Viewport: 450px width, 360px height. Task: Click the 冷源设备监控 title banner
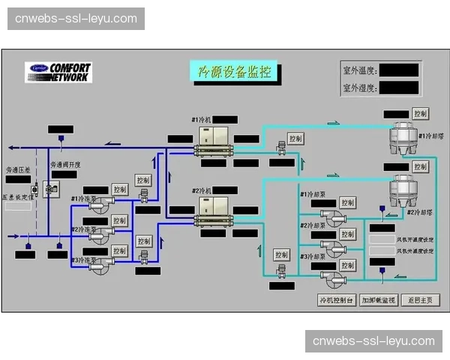233,72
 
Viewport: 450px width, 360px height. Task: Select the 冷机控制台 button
336,300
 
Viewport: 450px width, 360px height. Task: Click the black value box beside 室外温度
398,70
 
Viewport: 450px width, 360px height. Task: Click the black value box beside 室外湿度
398,88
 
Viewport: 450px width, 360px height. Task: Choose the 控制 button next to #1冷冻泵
120,189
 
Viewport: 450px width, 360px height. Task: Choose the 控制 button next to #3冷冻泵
120,250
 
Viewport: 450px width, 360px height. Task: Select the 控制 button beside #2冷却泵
347,234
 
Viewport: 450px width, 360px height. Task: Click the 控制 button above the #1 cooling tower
420,113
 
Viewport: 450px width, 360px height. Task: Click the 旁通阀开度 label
65,164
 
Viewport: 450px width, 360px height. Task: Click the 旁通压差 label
19,170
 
